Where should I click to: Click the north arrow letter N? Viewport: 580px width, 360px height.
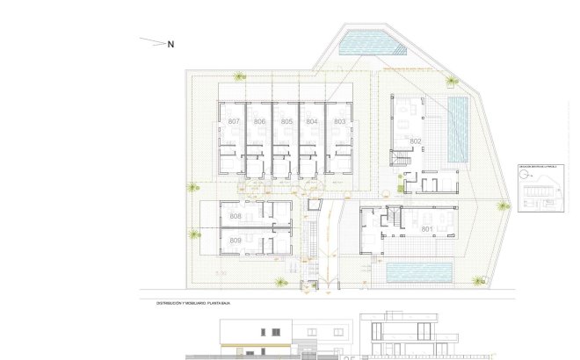[x=171, y=44]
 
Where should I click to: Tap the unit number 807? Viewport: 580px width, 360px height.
[x=234, y=121]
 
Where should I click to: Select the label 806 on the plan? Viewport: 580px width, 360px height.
[x=259, y=121]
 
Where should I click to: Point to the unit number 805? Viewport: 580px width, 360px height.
[x=286, y=121]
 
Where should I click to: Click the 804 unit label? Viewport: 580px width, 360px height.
[x=312, y=121]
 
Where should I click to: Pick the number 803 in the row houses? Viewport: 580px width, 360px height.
[x=339, y=121]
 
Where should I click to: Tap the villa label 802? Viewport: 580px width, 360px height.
[x=416, y=141]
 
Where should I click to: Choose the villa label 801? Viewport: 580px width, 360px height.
[x=427, y=229]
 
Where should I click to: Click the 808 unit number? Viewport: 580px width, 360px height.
[x=236, y=216]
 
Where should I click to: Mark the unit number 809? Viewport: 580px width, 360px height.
[x=236, y=240]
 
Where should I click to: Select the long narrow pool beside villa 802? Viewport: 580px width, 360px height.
[x=458, y=128]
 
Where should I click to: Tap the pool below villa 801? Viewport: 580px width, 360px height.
[x=419, y=272]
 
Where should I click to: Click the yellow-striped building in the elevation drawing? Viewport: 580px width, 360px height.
[x=254, y=338]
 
